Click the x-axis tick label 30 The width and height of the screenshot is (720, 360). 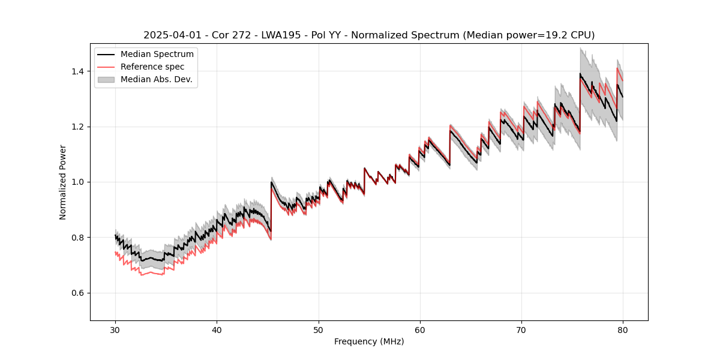pos(115,330)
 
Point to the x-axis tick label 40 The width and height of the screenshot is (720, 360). pos(217,330)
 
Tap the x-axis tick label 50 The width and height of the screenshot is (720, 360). pos(318,330)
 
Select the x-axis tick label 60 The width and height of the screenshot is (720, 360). pos(419,330)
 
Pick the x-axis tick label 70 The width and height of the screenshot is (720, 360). pos(521,330)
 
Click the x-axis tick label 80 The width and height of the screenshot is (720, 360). pos(623,330)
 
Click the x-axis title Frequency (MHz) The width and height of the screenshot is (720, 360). pos(369,341)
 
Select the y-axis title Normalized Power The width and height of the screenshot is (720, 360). pos(63,182)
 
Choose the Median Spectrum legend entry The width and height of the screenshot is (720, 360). pos(157,55)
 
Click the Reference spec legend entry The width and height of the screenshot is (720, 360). pos(152,67)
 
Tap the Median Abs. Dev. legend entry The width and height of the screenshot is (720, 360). pos(156,79)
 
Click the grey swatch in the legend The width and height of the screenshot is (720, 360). pos(106,79)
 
